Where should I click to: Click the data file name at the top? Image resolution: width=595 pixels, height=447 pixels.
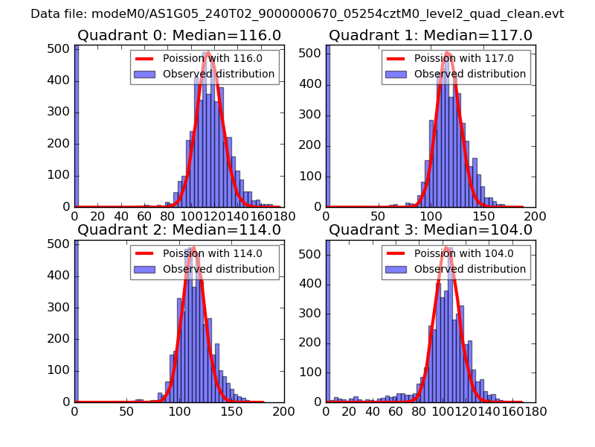[297, 14]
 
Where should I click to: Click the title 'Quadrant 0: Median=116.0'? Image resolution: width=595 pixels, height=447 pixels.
[178, 35]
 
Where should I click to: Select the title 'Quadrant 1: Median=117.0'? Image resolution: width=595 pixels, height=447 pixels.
[431, 35]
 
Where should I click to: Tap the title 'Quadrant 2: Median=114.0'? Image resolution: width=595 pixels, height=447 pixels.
[178, 229]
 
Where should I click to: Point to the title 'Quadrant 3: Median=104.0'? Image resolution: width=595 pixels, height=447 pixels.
[431, 229]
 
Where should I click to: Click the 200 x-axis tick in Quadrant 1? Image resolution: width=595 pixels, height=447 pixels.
[535, 216]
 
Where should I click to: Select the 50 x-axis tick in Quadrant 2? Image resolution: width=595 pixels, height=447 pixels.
[127, 410]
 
